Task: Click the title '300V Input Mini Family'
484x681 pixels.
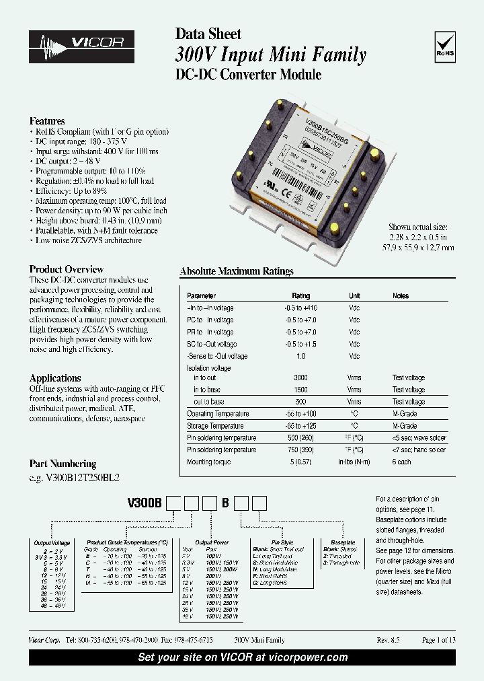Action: click(x=271, y=55)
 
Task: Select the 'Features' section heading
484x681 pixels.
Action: click(x=47, y=121)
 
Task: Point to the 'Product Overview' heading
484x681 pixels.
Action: click(x=67, y=269)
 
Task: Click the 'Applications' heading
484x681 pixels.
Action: click(x=55, y=378)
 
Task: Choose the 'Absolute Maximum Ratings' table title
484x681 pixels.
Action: click(x=237, y=272)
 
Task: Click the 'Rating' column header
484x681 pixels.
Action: click(x=300, y=296)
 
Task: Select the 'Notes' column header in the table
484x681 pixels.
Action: click(x=401, y=296)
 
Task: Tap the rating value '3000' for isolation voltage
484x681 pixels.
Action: click(x=300, y=378)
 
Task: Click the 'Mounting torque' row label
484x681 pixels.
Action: click(x=209, y=462)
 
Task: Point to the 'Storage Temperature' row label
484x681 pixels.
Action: click(x=217, y=426)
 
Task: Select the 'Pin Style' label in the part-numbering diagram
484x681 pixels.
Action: click(x=282, y=542)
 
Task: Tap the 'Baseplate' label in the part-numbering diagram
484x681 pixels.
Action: click(x=343, y=542)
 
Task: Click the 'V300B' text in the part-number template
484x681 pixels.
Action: click(x=147, y=503)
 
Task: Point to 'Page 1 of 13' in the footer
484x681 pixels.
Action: click(x=438, y=641)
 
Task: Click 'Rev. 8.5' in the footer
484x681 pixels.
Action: click(x=388, y=641)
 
